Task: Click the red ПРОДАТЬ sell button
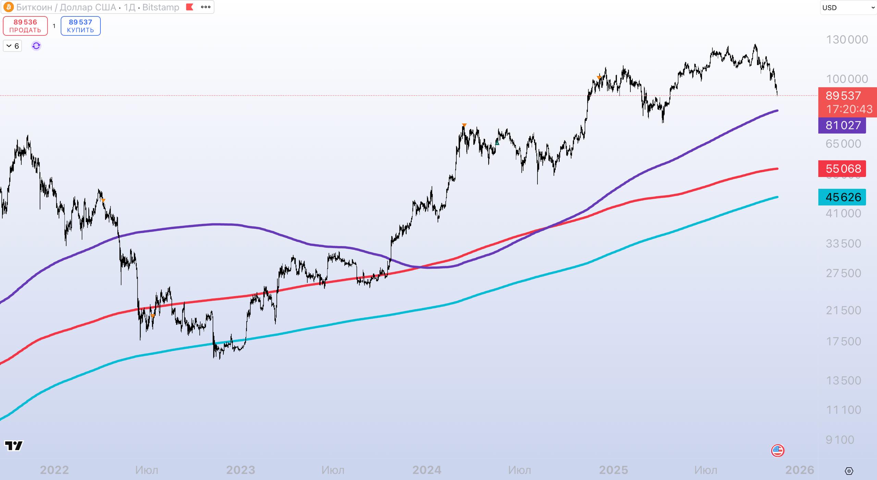[x=25, y=26]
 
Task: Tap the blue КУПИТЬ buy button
[x=81, y=26]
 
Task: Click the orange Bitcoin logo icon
[x=8, y=7]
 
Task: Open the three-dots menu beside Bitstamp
[x=206, y=7]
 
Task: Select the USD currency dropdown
[x=848, y=8]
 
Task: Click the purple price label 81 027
[x=842, y=125]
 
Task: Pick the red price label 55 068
[x=842, y=169]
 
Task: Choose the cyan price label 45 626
[x=842, y=197]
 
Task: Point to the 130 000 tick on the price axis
[x=847, y=40]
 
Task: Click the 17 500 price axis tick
[x=843, y=341]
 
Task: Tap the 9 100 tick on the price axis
[x=840, y=440]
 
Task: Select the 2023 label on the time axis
[x=240, y=470]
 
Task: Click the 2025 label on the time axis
[x=613, y=470]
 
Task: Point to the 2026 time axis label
[x=800, y=470]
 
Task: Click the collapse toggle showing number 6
[x=12, y=46]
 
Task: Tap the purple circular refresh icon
[x=36, y=46]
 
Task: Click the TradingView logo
[x=14, y=445]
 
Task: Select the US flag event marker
[x=777, y=451]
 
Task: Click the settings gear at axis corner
[x=849, y=471]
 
